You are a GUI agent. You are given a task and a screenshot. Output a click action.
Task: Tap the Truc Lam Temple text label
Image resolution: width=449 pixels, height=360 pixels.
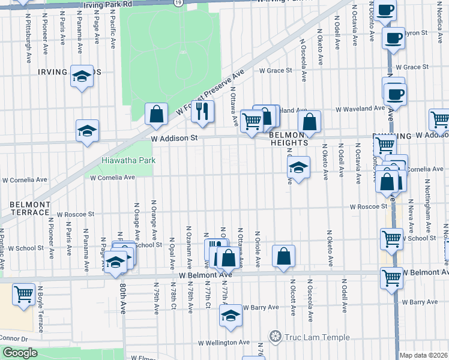click(317, 337)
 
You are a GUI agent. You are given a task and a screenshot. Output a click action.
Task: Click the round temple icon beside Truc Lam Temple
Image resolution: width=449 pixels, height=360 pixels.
click(276, 337)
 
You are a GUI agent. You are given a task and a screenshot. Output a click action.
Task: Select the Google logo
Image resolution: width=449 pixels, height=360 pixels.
click(20, 353)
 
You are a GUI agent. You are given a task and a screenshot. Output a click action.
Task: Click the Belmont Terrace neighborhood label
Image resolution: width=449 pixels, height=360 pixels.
click(29, 208)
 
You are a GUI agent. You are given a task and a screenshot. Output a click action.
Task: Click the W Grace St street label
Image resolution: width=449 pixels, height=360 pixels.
click(276, 70)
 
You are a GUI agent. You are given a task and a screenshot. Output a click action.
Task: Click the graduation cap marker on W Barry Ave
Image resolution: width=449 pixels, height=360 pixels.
click(230, 314)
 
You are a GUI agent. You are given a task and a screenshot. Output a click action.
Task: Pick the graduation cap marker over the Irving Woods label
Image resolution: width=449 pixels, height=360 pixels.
click(82, 76)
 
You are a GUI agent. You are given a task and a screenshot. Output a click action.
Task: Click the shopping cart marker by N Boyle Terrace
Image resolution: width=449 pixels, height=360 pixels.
click(24, 295)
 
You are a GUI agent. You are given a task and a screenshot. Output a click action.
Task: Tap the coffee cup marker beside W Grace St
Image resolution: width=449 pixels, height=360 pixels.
click(395, 94)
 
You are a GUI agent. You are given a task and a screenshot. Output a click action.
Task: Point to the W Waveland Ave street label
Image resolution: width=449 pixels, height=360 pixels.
click(359, 109)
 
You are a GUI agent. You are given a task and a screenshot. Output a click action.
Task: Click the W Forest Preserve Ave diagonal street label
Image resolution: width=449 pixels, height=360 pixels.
click(211, 92)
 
